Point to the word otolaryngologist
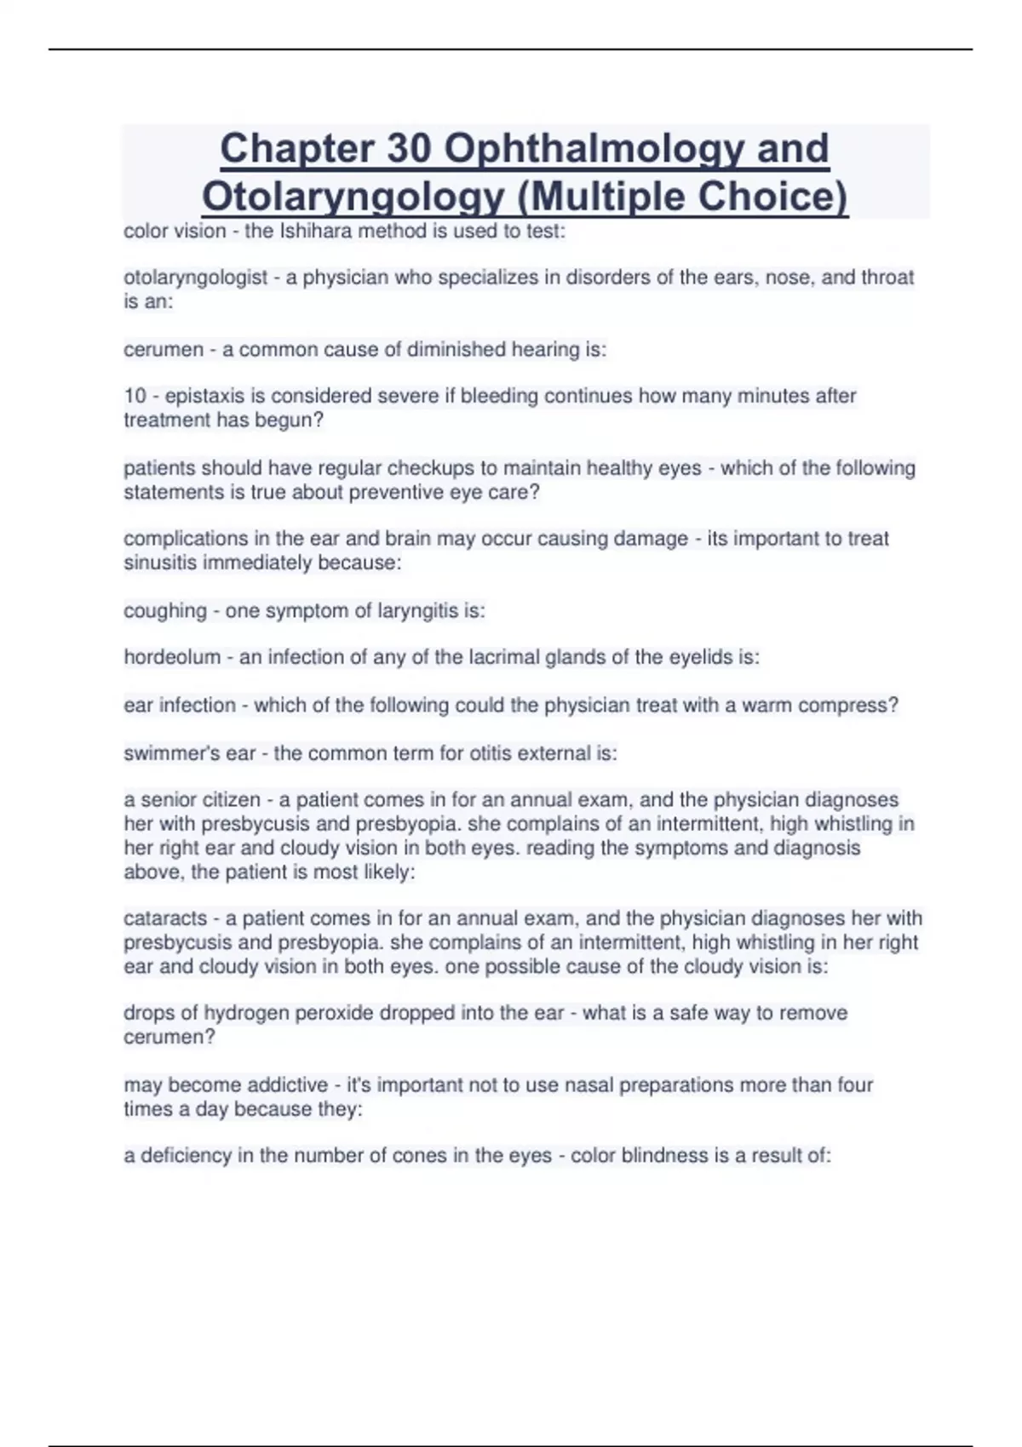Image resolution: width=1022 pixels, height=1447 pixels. pos(196,277)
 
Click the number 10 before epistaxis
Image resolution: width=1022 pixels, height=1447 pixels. pos(135,396)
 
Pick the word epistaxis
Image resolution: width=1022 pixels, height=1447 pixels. pos(203,396)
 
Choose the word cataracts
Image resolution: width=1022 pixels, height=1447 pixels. pos(165,918)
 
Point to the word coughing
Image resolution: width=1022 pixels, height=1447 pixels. pos(165,610)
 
